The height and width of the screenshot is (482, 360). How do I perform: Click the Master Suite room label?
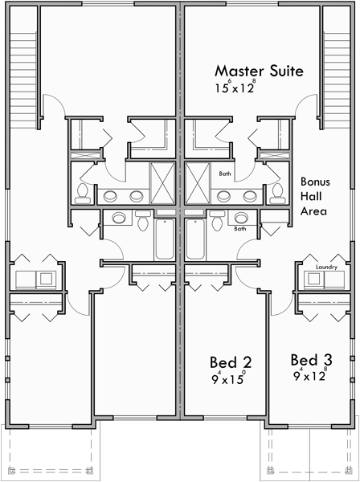click(x=258, y=71)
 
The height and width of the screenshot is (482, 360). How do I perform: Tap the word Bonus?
click(x=316, y=182)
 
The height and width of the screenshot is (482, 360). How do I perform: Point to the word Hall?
click(x=310, y=196)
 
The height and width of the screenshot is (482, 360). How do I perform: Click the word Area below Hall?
click(x=313, y=210)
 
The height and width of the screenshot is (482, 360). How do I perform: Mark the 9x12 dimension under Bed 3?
click(x=309, y=374)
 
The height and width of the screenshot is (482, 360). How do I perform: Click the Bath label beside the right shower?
click(x=226, y=174)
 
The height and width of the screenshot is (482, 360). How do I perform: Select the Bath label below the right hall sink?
click(x=239, y=228)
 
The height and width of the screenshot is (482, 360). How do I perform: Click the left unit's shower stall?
click(x=163, y=183)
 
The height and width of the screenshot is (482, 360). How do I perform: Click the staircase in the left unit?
click(x=25, y=72)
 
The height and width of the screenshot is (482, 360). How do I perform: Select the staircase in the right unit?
click(x=334, y=72)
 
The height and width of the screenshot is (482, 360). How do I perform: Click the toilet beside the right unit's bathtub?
click(x=216, y=219)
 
